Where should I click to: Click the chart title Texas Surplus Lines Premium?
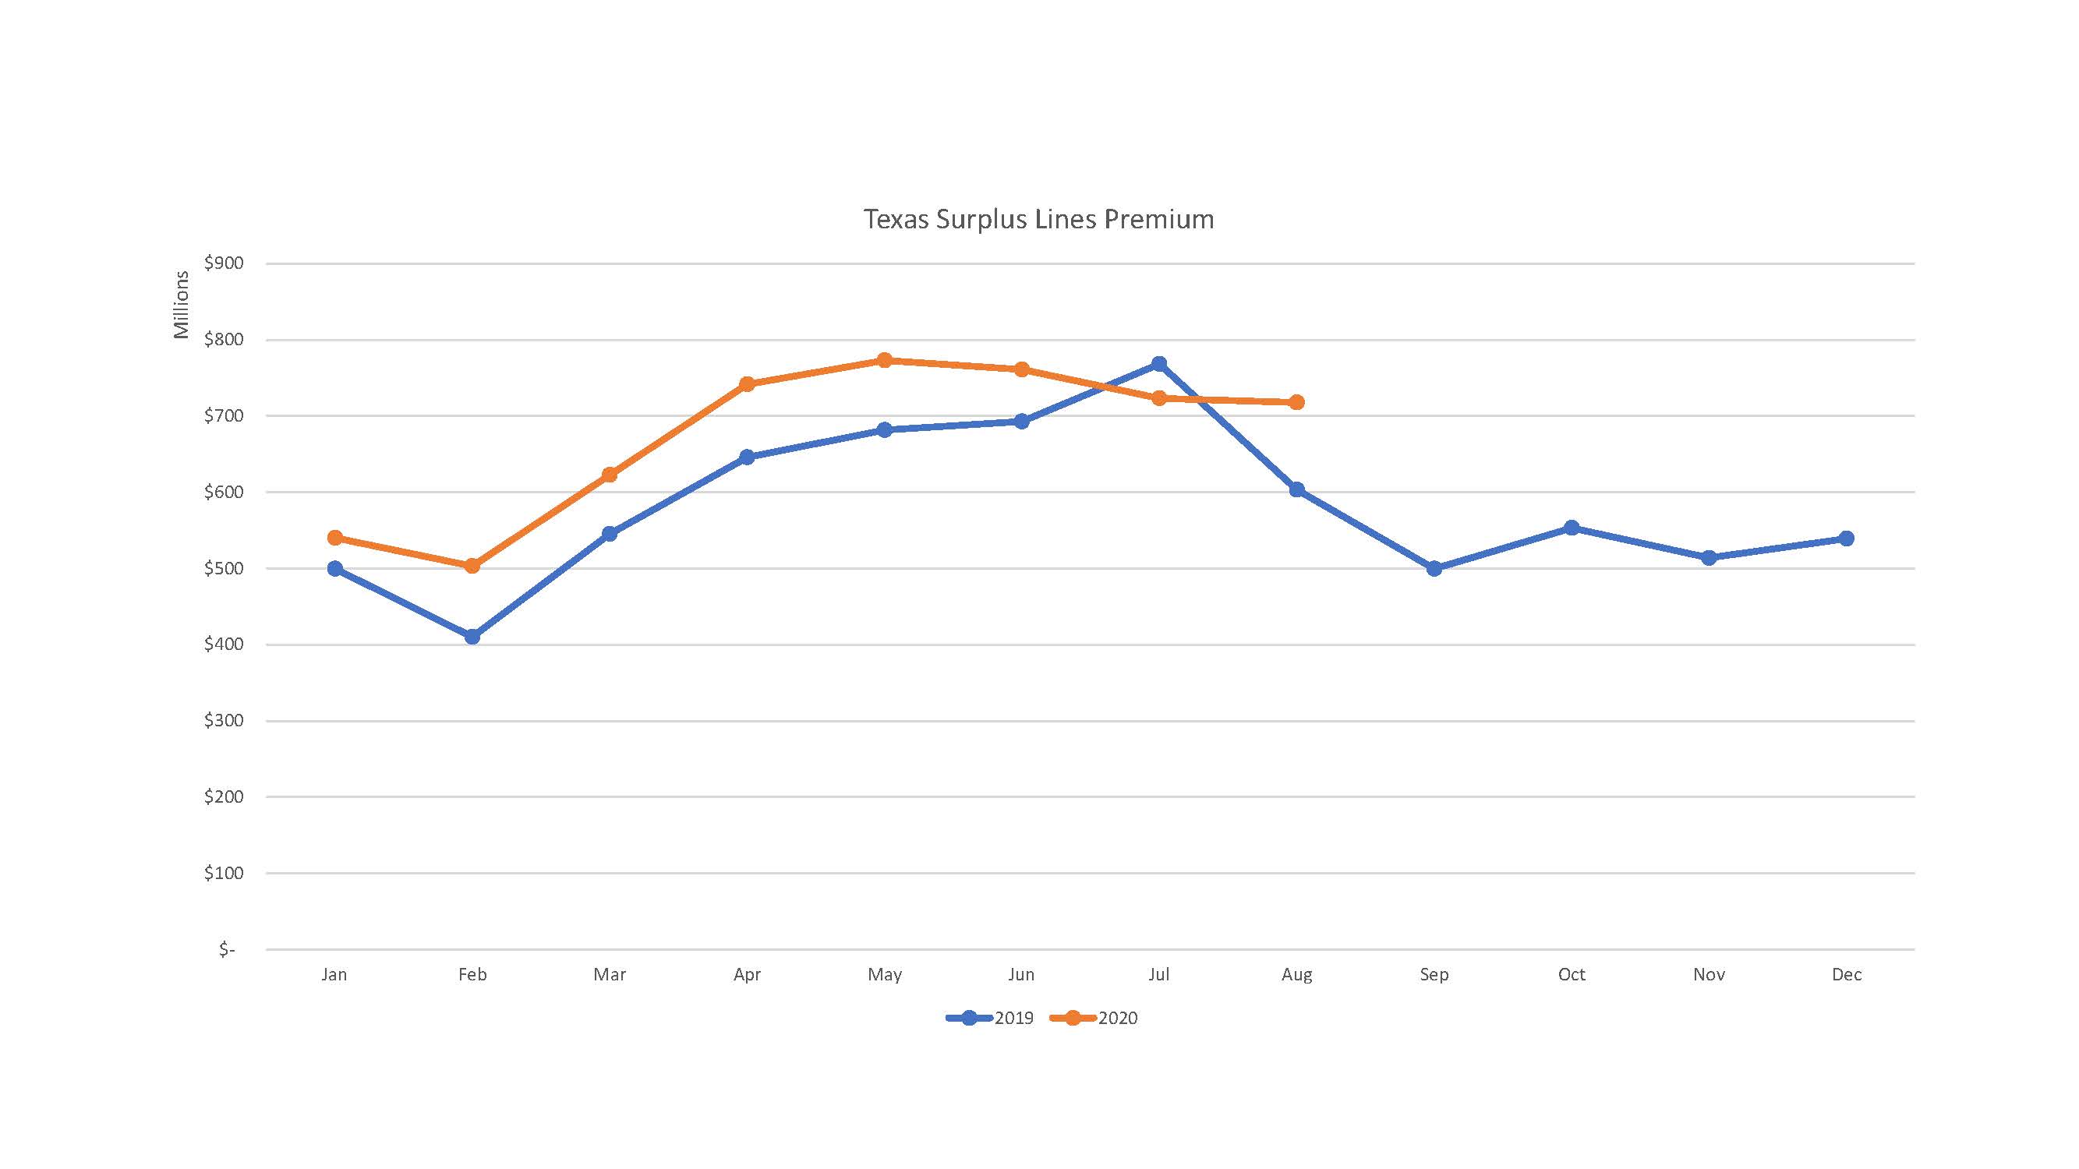tap(1038, 220)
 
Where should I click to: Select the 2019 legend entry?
tap(990, 1018)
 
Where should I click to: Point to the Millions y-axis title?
tap(181, 305)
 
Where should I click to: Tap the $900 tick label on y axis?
tap(224, 263)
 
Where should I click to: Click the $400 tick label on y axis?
tap(224, 645)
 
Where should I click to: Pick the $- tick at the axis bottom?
tap(227, 949)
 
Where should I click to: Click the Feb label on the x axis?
tap(472, 975)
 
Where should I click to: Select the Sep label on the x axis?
tap(1434, 975)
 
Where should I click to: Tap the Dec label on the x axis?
tap(1847, 975)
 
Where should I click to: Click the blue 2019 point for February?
tap(472, 637)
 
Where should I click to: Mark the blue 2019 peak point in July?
tap(1159, 364)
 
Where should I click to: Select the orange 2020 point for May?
tap(885, 360)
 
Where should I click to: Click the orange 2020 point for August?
tap(1297, 402)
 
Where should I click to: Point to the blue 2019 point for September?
tap(1434, 568)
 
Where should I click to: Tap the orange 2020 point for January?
tap(335, 537)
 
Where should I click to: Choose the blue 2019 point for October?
tap(1572, 528)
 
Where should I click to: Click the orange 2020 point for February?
tap(472, 566)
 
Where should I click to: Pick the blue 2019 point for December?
tap(1847, 538)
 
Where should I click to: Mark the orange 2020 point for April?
tap(747, 384)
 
